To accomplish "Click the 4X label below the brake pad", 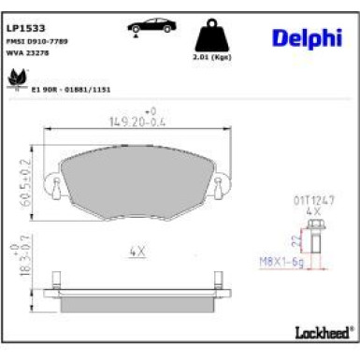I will point(137,251).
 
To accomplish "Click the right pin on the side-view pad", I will point(217,279).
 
